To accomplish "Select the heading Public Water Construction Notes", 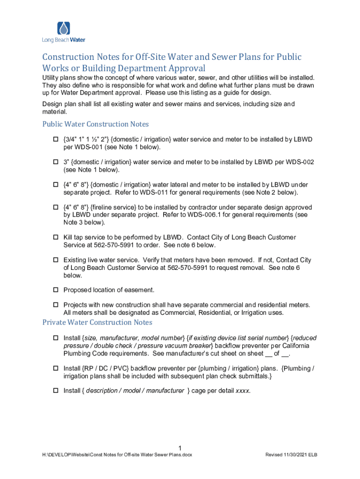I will click(x=95, y=124).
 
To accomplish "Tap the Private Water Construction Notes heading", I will click(x=97, y=322).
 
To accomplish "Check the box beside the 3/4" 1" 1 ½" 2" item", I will click(x=55, y=140).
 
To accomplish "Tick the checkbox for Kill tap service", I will click(x=55, y=238).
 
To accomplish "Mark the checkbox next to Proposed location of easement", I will click(x=55, y=290).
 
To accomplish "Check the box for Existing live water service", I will click(x=55, y=260).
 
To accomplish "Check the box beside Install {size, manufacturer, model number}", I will click(x=55, y=338).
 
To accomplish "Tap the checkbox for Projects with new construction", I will click(x=55, y=305).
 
